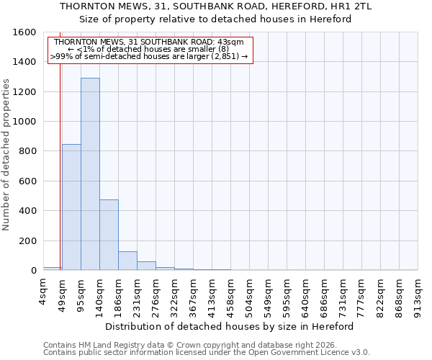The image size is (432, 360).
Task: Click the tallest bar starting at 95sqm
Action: (90, 174)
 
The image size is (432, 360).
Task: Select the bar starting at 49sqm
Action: (71, 207)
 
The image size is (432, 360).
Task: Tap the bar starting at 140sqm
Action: (109, 235)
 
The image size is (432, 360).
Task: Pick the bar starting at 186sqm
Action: (127, 261)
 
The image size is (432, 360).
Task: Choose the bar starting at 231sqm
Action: (146, 266)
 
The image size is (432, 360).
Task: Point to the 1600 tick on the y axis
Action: (24, 32)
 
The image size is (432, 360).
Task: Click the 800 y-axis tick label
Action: (27, 151)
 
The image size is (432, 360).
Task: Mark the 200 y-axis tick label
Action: (27, 240)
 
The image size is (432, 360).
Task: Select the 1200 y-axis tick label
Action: (24, 92)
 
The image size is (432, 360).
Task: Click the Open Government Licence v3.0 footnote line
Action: (207, 352)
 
